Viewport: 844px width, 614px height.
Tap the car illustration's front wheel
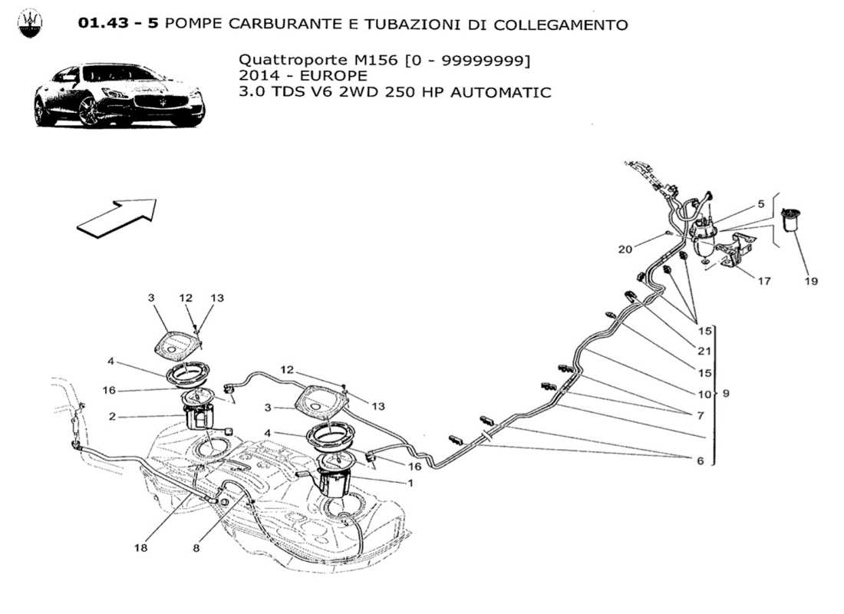point(91,112)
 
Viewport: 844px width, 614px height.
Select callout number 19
point(811,282)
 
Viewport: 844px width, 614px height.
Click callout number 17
point(765,282)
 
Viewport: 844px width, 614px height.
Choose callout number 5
point(760,204)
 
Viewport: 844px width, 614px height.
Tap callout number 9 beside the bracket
point(725,394)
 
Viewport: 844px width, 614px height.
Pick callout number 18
point(141,548)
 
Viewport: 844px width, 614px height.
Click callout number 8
point(197,548)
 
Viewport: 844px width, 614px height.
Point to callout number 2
point(112,417)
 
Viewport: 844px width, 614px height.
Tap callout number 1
point(410,483)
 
